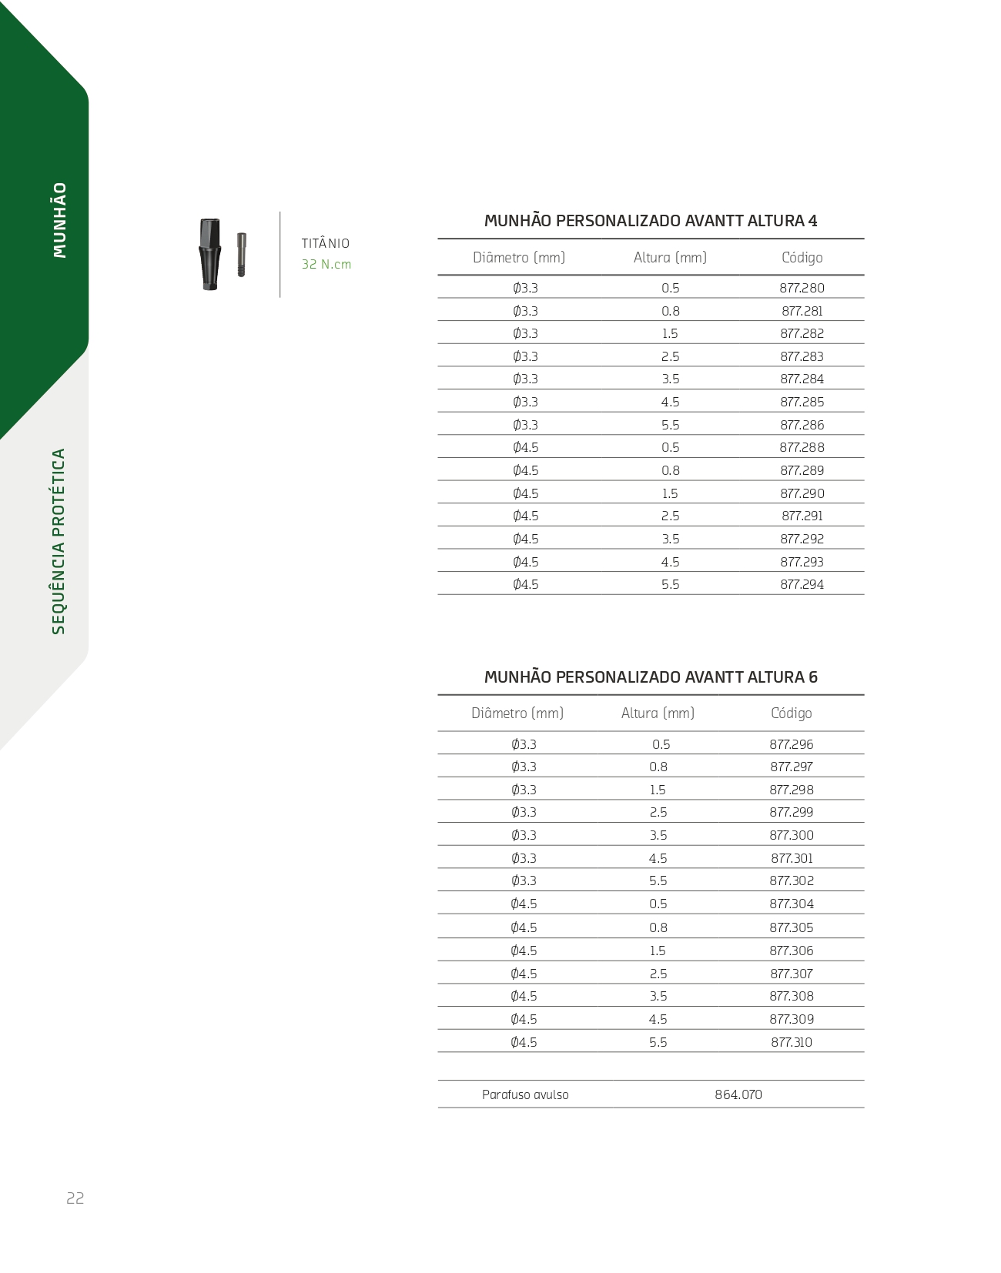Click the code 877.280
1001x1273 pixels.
click(x=802, y=288)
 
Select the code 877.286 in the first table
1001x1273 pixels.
click(x=802, y=425)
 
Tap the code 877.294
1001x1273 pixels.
click(x=802, y=584)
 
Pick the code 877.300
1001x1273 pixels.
click(x=792, y=835)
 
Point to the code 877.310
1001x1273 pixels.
click(x=792, y=1042)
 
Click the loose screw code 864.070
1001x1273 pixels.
click(x=738, y=1094)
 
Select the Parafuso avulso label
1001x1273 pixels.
click(x=525, y=1094)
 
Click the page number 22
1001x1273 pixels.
click(x=75, y=1198)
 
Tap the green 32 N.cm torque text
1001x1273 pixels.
click(x=326, y=264)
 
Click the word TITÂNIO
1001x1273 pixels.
click(x=325, y=243)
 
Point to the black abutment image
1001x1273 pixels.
click(x=209, y=255)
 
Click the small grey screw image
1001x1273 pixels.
click(x=241, y=255)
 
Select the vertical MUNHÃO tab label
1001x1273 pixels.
click(x=60, y=220)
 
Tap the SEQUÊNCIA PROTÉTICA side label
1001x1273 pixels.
click(x=59, y=542)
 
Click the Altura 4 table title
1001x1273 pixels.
click(x=651, y=221)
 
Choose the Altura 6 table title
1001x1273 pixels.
click(x=651, y=677)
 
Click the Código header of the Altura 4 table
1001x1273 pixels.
click(x=802, y=258)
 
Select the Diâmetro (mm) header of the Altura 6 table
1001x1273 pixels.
click(x=517, y=713)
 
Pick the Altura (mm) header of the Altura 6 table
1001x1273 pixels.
click(x=658, y=713)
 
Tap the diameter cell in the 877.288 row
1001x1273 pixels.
click(x=526, y=447)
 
